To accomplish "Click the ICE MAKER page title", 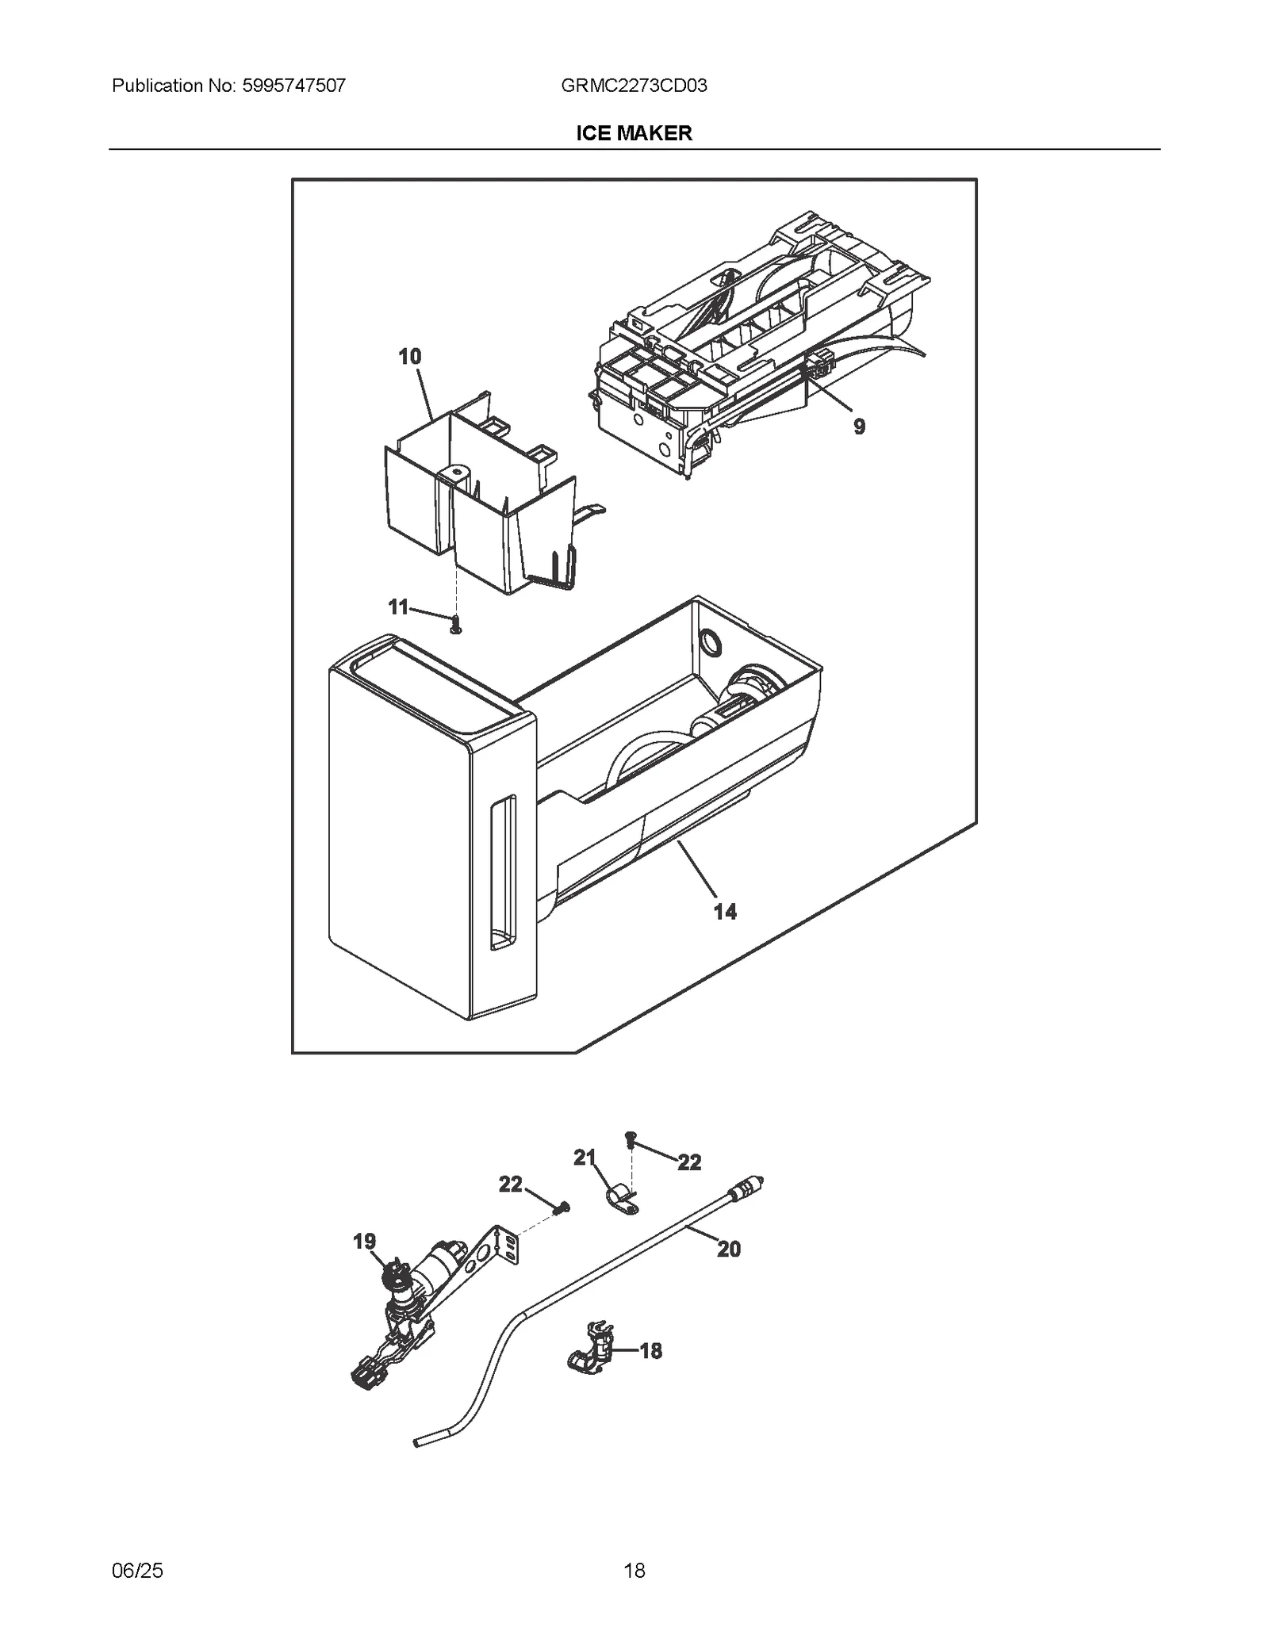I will point(634,133).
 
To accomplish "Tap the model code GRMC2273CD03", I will point(634,86).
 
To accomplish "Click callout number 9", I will point(859,427).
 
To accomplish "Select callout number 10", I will point(409,357).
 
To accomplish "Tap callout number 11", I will point(397,607).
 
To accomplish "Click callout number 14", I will point(725,912).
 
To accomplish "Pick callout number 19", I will point(364,1242).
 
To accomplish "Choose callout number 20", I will point(728,1250).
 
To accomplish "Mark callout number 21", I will point(585,1158).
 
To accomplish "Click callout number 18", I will point(650,1351).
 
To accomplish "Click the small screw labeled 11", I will point(456,626).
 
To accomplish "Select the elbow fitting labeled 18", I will point(591,1353).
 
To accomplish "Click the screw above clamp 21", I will point(631,1139).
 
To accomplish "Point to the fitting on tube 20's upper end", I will point(746,1189).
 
